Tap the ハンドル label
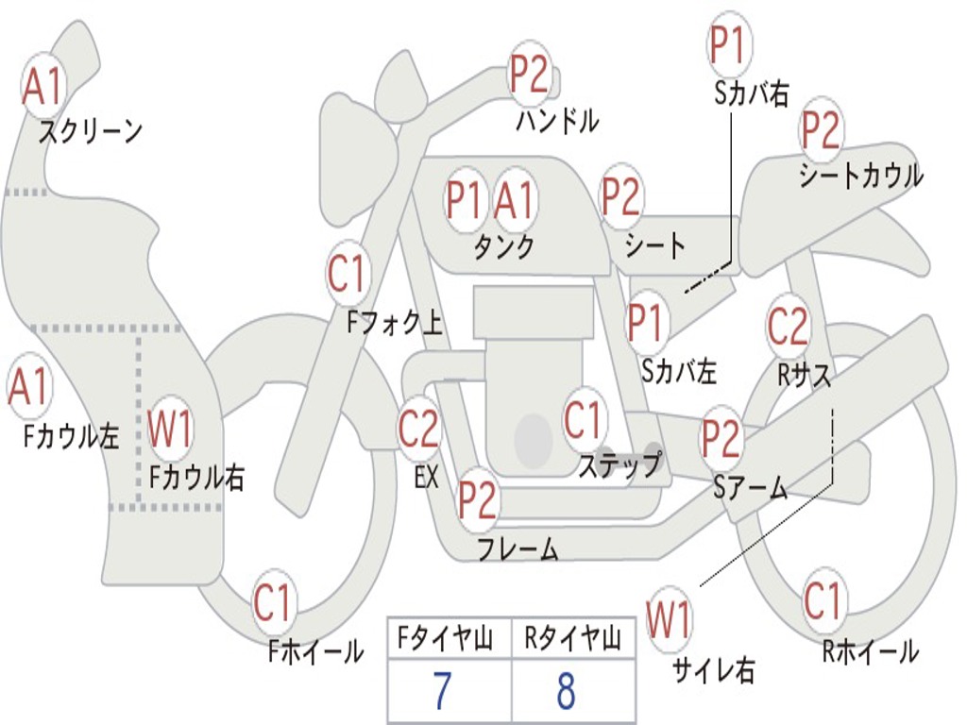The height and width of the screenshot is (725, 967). point(557,121)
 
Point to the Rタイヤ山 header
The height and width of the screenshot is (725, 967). point(572,641)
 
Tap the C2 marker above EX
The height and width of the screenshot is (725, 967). point(418,430)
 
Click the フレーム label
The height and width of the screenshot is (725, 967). point(517,548)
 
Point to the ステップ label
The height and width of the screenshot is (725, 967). point(619,465)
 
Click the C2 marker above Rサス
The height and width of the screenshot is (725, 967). point(788,327)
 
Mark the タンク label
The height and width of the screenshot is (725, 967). point(503,246)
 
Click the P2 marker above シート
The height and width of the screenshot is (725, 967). point(622,197)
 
